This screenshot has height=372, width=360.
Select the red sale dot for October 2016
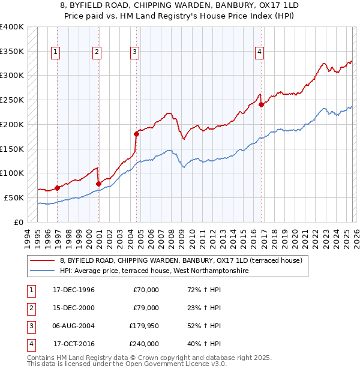pyautogui.click(x=262, y=104)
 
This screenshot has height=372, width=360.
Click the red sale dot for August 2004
pyautogui.click(x=136, y=134)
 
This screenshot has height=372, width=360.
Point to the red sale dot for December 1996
pyautogui.click(x=58, y=188)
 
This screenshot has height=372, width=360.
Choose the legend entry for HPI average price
pyautogui.click(x=154, y=271)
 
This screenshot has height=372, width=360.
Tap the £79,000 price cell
pyautogui.click(x=146, y=308)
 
